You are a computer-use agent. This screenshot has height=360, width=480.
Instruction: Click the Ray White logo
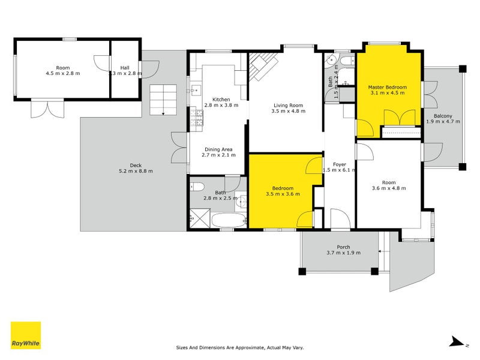26,335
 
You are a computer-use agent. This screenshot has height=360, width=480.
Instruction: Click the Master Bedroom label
387,88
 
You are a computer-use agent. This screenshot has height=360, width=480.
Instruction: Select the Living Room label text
287,105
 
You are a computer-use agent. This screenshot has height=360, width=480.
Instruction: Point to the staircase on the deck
164,100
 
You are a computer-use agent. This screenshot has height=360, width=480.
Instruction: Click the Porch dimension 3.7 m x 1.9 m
343,253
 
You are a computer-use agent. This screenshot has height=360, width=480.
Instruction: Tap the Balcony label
443,115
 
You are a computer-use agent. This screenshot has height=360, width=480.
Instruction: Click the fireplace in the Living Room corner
263,65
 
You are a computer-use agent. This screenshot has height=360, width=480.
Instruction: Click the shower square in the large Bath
199,218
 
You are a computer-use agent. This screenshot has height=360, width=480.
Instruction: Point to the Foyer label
340,163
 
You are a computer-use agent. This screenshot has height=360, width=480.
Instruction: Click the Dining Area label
218,149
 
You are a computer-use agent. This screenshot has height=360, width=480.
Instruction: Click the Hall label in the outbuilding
124,68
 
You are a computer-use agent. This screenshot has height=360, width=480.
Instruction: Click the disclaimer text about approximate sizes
239,347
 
